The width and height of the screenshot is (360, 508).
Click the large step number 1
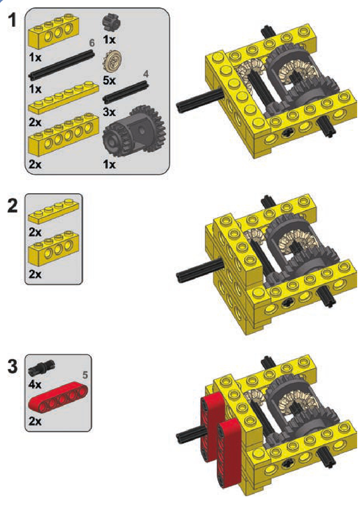12,20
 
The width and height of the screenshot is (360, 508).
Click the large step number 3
12,367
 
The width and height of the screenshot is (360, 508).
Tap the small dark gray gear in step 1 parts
111,23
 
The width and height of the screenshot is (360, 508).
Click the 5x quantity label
109,80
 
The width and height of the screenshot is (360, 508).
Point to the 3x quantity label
109,112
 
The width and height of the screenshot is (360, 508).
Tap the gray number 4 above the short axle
146,74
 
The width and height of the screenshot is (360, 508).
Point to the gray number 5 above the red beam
85,375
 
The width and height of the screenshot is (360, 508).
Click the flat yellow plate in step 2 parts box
54,211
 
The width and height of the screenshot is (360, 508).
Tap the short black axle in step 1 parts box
126,93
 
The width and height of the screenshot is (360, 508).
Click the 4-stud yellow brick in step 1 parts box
54,31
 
